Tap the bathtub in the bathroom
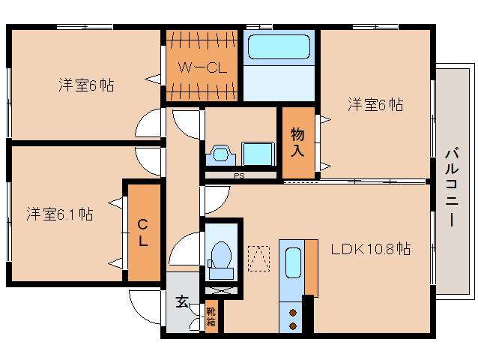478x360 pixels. point(278,49)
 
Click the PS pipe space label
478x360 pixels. point(239,176)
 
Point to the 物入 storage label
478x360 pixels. point(297,142)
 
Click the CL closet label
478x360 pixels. point(142,232)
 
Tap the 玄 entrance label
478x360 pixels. point(181,301)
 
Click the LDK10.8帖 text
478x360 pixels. point(371,247)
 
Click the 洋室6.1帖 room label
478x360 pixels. point(61,214)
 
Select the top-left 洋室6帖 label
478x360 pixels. point(86,85)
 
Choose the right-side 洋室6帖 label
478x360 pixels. point(375,105)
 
